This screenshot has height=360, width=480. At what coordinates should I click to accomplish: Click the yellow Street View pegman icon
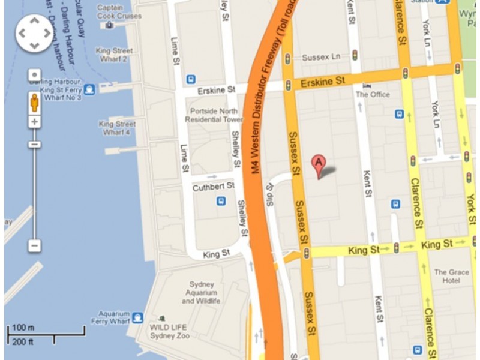pos(34,101)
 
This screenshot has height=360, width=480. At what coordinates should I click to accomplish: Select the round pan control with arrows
pos(34,32)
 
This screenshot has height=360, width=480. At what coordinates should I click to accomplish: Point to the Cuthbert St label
pos(212,188)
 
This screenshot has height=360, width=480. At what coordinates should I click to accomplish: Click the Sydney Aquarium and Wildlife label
pos(201,292)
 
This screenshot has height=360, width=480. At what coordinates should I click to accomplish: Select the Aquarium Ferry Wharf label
pos(114,317)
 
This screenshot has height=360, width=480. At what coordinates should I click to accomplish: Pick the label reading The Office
pos(373,94)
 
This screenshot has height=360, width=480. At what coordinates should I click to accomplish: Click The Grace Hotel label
pos(452,276)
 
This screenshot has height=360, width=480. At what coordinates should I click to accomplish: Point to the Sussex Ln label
pos(321,58)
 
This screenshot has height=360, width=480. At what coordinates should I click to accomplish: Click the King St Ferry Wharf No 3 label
pos(55,89)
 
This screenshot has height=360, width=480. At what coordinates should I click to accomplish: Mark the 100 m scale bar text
pos(23,327)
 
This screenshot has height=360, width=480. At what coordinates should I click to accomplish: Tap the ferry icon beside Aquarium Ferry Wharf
pos(138,317)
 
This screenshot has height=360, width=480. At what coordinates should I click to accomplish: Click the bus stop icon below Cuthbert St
pos(221,202)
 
